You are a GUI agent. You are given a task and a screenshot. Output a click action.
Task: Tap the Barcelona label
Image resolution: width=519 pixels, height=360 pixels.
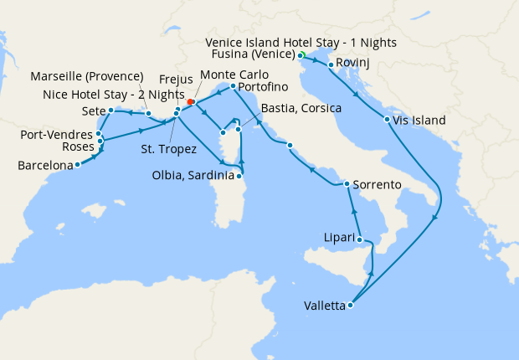[x=45, y=166]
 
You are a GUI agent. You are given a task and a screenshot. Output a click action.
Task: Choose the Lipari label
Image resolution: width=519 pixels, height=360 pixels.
[x=340, y=239]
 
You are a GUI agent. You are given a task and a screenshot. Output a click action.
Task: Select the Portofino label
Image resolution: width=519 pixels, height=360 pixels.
[x=263, y=87]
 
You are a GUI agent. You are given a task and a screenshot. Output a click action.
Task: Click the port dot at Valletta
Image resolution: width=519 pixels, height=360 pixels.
[x=350, y=306]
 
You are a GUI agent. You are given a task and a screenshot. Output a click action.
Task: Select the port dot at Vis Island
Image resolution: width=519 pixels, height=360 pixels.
[x=387, y=120]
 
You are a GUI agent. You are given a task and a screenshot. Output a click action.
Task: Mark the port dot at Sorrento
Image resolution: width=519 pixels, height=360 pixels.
[x=347, y=184]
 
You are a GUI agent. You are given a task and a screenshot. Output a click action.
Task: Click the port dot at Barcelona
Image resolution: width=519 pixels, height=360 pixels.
[x=77, y=165]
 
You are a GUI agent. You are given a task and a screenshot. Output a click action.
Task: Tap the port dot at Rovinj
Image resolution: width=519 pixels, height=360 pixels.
[x=331, y=64]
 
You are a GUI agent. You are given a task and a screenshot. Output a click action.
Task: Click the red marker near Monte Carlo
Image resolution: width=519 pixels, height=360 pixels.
[x=191, y=102]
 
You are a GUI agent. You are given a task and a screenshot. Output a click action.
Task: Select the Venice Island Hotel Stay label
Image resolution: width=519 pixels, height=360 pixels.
[x=301, y=42]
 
